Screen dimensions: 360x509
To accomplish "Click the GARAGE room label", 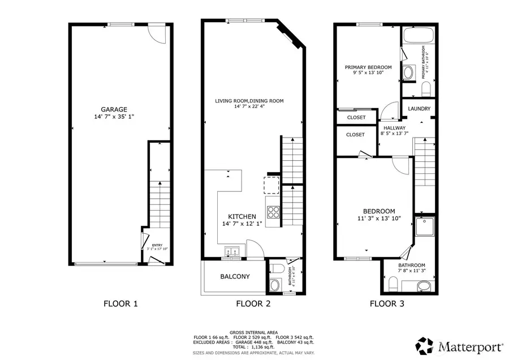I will pos(114,109).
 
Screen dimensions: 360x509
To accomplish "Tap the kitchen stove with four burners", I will pos(273,212).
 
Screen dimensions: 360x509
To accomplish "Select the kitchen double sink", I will pos(232,251).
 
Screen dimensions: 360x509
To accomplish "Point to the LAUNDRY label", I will pos(419,109).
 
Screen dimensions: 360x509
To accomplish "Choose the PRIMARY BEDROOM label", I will pos(368,67).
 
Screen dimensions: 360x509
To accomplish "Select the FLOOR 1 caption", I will pos(120,303).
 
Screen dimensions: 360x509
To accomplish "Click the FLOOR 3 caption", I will pos(387,303).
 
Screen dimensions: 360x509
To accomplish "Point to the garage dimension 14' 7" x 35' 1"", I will pos(114,117).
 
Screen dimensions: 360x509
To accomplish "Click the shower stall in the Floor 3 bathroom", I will pos(424,228).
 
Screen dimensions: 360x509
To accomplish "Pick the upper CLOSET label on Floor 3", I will pos(356,117).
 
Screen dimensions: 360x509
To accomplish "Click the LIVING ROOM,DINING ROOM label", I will pos(249,101).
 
